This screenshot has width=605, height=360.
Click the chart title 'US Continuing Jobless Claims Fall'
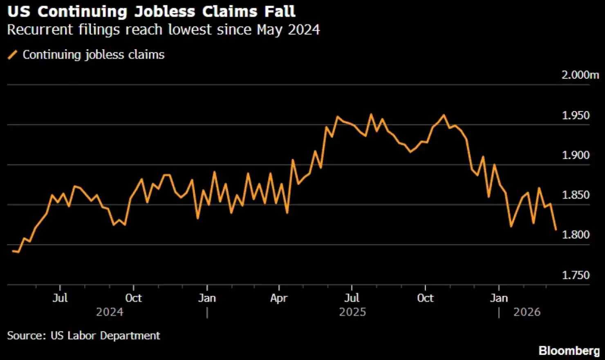click(x=151, y=11)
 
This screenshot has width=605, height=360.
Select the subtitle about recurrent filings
click(x=163, y=30)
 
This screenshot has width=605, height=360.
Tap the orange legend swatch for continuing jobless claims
click(x=13, y=55)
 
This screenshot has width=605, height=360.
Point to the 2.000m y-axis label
click(x=580, y=75)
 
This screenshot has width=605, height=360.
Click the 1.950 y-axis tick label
click(x=576, y=115)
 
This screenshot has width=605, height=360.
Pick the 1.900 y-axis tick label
click(x=576, y=155)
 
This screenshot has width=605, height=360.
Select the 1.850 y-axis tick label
click(x=576, y=195)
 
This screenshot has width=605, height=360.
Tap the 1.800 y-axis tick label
click(x=576, y=235)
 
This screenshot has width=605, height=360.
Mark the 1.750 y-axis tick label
click(x=576, y=275)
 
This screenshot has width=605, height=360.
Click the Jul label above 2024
click(x=60, y=298)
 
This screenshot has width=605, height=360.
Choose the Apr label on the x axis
click(x=279, y=298)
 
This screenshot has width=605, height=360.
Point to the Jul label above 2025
click(x=352, y=298)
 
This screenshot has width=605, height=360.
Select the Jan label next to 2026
click(x=499, y=298)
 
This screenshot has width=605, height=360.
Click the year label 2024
click(x=110, y=312)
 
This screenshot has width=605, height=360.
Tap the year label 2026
click(x=527, y=312)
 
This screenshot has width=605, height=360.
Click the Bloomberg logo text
click(x=569, y=351)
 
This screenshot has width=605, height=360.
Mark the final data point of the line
click(x=556, y=229)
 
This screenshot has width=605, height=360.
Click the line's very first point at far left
click(x=13, y=251)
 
